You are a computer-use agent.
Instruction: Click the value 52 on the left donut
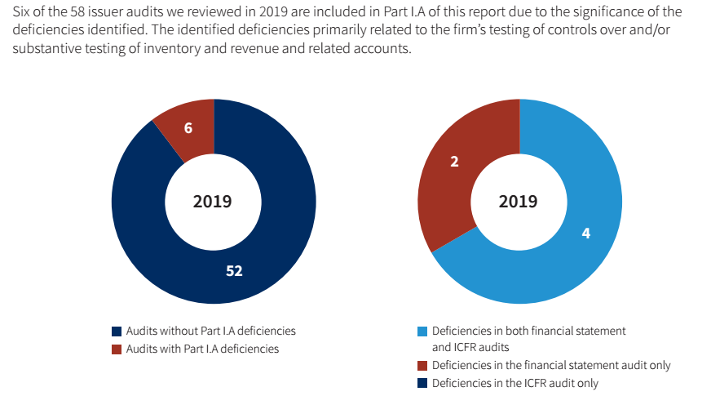point(234,270)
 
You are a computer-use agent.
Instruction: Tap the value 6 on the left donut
point(188,128)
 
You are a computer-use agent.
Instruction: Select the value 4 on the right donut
point(585,234)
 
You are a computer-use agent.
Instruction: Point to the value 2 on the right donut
point(454,162)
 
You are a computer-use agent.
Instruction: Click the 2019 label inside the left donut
point(212,202)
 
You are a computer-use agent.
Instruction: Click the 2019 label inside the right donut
point(519,202)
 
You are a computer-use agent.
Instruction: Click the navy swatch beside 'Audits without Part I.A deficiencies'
point(117,331)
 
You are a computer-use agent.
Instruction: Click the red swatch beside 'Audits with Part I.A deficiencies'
point(117,349)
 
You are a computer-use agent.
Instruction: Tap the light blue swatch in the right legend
point(422,331)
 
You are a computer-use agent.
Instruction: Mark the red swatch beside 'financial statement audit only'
point(422,366)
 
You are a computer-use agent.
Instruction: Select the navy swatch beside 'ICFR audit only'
point(422,383)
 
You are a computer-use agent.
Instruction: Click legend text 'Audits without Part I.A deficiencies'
point(210,331)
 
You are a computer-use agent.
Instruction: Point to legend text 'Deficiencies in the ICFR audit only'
point(515,383)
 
